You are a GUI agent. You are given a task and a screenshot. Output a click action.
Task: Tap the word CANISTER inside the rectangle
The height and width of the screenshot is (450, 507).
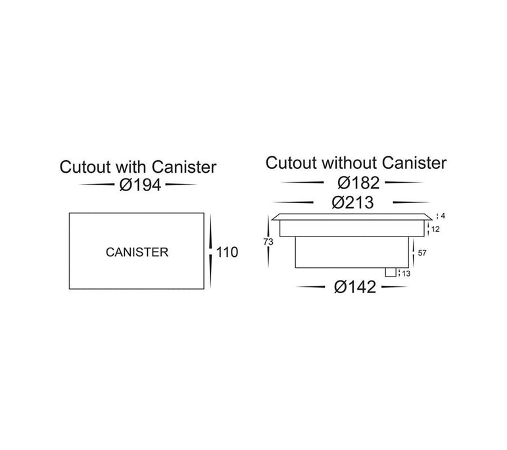(137, 252)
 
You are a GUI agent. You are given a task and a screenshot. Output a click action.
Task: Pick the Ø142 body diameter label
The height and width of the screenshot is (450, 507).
(356, 286)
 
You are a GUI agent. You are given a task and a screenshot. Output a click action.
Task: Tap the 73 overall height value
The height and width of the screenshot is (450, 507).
(268, 242)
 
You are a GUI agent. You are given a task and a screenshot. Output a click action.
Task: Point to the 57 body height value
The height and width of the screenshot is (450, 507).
(422, 252)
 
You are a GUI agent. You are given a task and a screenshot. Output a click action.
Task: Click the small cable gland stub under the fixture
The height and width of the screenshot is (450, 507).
(391, 272)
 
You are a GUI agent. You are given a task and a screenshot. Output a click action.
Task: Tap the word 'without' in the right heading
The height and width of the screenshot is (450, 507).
(350, 162)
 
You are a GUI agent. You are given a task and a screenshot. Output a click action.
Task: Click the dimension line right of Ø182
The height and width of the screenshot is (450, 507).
(408, 183)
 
